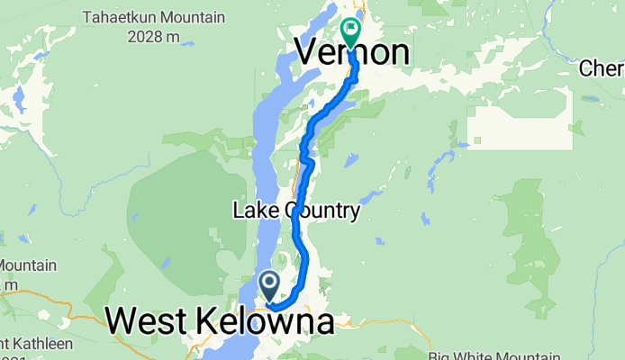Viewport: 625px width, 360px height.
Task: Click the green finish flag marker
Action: (349, 30)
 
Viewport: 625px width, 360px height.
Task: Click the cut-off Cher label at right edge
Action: (602, 68)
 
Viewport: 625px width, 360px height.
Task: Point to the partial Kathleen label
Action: (27, 342)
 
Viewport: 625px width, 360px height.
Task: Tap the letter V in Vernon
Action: (308, 52)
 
